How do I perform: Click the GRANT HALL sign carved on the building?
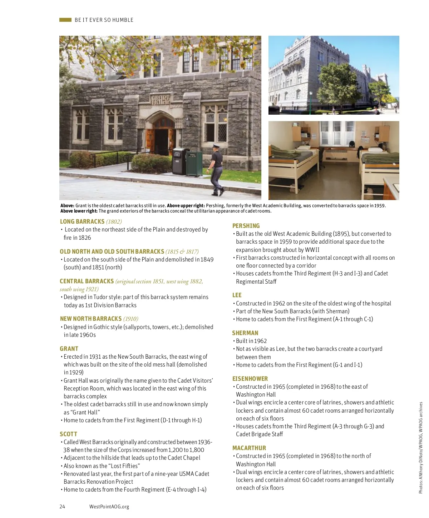(x=161, y=99)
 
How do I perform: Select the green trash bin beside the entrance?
(x=194, y=164)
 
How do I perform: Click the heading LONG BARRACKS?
(x=82, y=221)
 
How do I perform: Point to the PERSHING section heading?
(x=246, y=226)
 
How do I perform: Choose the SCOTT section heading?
(x=68, y=434)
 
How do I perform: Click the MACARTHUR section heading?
(x=249, y=448)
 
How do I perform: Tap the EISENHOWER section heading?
(x=250, y=379)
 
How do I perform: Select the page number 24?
(x=62, y=506)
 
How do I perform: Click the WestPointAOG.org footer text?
(x=109, y=506)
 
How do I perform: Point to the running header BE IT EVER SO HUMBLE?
(x=104, y=20)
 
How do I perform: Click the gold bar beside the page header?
(x=65, y=20)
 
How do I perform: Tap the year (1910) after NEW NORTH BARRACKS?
(x=130, y=319)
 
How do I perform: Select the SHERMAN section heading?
(x=245, y=333)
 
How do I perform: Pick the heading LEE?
(x=237, y=295)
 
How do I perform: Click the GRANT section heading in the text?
(x=69, y=349)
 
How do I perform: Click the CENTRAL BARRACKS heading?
(x=87, y=281)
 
